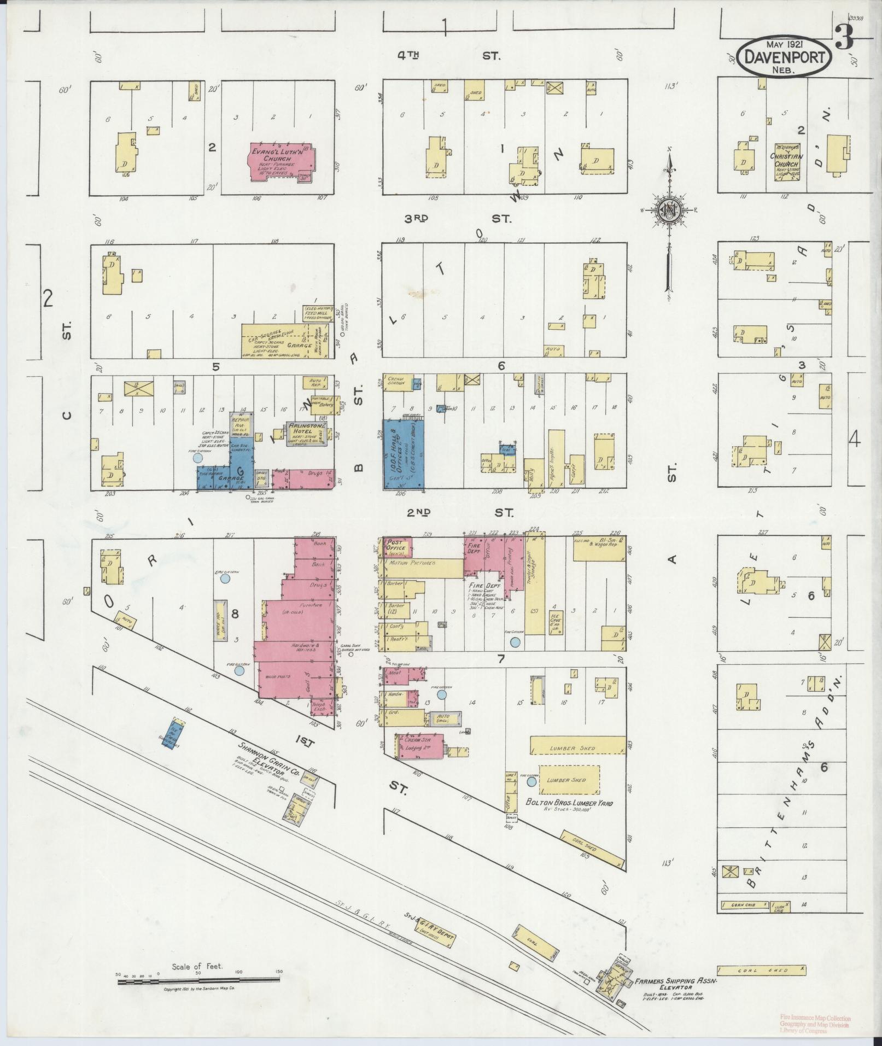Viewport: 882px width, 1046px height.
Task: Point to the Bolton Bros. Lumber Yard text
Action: tap(569, 803)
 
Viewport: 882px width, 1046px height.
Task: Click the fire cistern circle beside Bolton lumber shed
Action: tap(531, 782)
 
